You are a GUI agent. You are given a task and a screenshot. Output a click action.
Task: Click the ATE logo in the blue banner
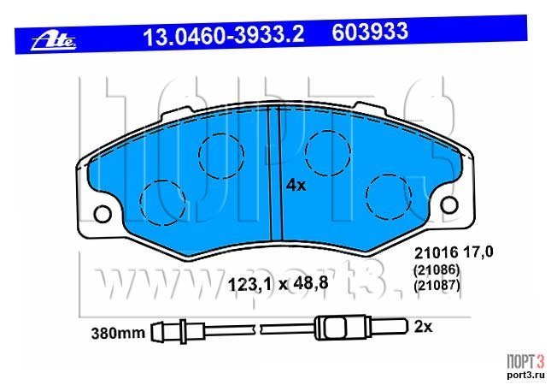tap(54, 42)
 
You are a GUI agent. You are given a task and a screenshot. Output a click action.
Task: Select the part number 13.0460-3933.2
tap(224, 35)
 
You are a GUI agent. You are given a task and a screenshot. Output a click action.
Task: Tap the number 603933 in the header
tap(370, 32)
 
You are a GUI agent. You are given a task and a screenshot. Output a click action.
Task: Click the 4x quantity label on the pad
tap(296, 185)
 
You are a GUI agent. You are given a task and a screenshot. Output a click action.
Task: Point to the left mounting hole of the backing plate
tap(103, 214)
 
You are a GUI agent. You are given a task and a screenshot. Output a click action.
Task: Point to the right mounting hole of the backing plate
tap(449, 205)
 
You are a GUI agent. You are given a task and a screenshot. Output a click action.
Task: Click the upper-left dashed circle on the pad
tap(221, 155)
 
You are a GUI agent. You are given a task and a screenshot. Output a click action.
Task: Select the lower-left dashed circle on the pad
tap(162, 203)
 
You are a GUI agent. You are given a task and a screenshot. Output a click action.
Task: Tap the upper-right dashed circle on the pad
tap(328, 153)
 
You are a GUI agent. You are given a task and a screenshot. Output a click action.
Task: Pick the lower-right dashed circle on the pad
tap(389, 197)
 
